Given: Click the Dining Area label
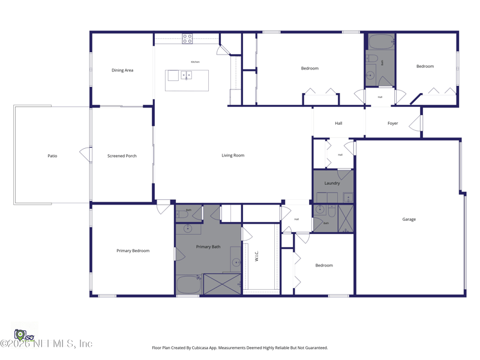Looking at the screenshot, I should click(x=122, y=70).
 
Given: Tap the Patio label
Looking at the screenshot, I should click(x=52, y=156).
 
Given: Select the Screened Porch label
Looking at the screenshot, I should click(x=122, y=156).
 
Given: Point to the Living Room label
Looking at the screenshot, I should click(x=233, y=155).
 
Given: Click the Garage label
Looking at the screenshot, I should click(x=409, y=220).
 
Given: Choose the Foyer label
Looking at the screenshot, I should click(x=392, y=124).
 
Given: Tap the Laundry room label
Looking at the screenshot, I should click(x=332, y=183).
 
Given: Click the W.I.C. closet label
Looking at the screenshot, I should click(x=257, y=256).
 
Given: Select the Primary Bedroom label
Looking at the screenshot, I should click(x=133, y=251).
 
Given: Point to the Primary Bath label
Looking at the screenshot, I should click(x=208, y=247).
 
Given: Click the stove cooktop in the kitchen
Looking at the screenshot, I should click(x=187, y=39).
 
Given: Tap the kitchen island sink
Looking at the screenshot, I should click(x=186, y=76).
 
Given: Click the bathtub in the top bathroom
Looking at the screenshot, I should click(x=380, y=42).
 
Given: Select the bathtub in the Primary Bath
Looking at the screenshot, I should click(x=188, y=284).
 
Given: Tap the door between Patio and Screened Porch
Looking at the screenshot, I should click(x=86, y=155).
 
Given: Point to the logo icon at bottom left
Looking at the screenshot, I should click(x=22, y=335).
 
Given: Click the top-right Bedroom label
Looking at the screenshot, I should click(x=425, y=67).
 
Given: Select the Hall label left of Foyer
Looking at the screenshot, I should click(x=338, y=124).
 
